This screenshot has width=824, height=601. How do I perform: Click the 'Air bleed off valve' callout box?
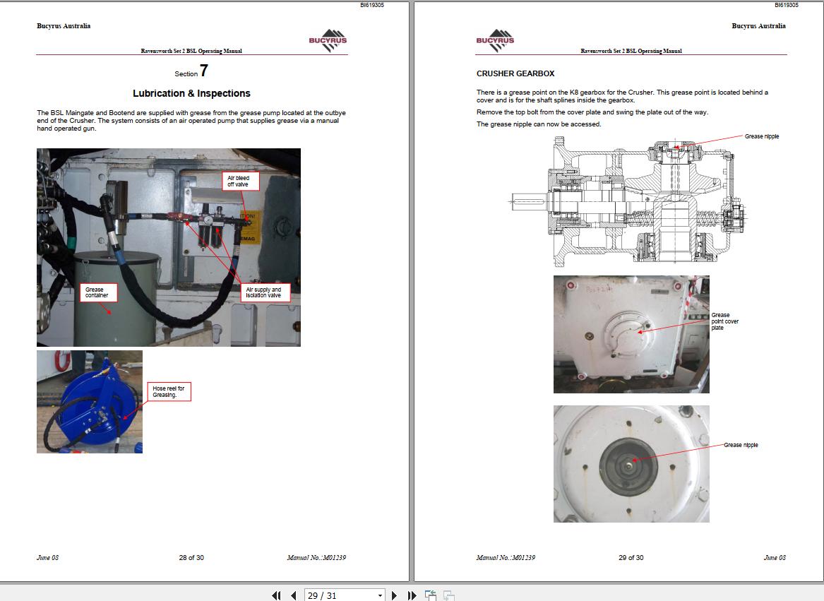coord(241,181)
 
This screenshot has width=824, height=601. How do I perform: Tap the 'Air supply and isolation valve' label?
coord(263,292)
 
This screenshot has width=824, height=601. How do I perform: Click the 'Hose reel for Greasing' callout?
coord(169,392)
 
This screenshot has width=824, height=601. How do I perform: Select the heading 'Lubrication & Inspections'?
coord(191,93)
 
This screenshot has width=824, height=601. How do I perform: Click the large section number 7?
coord(204,71)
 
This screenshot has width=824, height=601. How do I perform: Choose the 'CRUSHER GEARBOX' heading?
coord(515,73)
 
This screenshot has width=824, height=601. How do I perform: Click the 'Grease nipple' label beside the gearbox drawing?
coord(762,136)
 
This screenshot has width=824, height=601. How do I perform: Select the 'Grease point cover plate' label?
coord(724,321)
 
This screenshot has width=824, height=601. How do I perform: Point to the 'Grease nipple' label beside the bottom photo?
coord(741,445)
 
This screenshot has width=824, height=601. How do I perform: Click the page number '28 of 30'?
coord(191,558)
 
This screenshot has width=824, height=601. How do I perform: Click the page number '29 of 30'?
coord(631,558)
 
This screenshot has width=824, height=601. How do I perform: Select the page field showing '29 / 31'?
coord(345,595)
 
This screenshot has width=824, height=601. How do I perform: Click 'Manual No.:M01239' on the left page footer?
coord(316,558)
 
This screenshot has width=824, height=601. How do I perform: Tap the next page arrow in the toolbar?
coord(395,595)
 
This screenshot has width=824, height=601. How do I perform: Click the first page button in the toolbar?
coord(276,595)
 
